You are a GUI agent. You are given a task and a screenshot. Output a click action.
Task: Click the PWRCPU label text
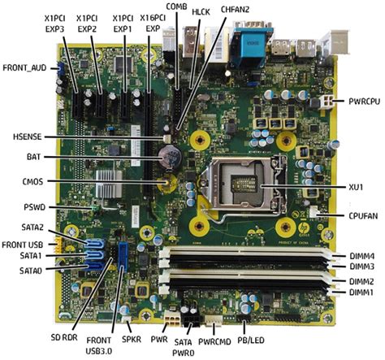(364, 102)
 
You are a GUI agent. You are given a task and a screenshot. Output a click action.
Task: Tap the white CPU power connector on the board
(327, 102)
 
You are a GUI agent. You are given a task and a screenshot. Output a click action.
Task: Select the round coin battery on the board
(170, 158)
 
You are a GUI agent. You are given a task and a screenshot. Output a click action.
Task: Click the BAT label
(33, 157)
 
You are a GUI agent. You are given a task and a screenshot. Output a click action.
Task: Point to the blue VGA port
(253, 46)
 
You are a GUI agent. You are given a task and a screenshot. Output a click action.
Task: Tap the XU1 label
(356, 187)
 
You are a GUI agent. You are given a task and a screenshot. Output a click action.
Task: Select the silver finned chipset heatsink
(109, 184)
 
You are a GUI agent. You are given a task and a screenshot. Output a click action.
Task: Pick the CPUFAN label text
(362, 216)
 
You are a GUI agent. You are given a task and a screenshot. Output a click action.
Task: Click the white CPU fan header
(314, 212)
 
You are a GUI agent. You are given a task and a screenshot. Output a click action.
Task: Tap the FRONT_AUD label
(24, 67)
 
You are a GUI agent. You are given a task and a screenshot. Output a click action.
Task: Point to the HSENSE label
(28, 137)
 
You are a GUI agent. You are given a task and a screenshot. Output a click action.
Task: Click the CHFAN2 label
(235, 10)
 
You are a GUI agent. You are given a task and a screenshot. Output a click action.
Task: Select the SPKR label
(132, 339)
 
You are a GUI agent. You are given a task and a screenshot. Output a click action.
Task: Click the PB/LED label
(251, 340)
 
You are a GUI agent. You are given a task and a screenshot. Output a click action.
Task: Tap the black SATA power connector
(192, 320)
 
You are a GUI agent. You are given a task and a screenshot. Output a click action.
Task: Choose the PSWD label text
(35, 207)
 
